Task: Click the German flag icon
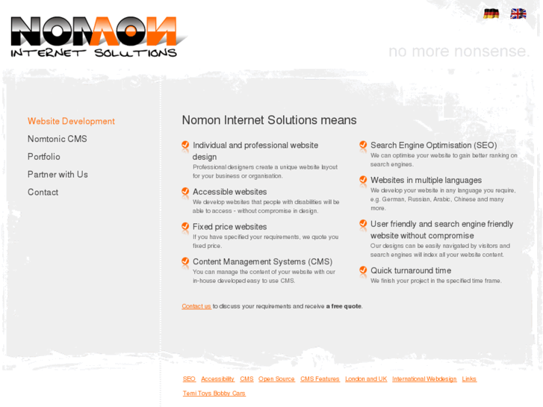pyautogui.click(x=491, y=13)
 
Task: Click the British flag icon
pyautogui.click(x=518, y=13)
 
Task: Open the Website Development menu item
pyautogui.click(x=71, y=121)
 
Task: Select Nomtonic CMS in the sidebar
pyautogui.click(x=57, y=139)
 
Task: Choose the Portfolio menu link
pyautogui.click(x=43, y=157)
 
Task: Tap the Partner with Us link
pyautogui.click(x=58, y=175)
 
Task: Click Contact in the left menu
pyautogui.click(x=43, y=193)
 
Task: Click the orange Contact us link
pyautogui.click(x=196, y=306)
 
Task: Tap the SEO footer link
pyautogui.click(x=189, y=379)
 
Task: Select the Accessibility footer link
pyautogui.click(x=217, y=379)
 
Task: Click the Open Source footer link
pyautogui.click(x=276, y=379)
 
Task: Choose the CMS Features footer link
pyautogui.click(x=320, y=379)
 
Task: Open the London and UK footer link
pyautogui.click(x=366, y=379)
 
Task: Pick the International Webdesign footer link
pyautogui.click(x=424, y=379)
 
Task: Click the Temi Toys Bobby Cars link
pyautogui.click(x=214, y=394)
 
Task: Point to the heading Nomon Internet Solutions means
pyautogui.click(x=269, y=120)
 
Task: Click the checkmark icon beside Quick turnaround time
pyautogui.click(x=363, y=271)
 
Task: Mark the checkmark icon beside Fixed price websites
pyautogui.click(x=185, y=227)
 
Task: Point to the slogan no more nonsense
pyautogui.click(x=459, y=52)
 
